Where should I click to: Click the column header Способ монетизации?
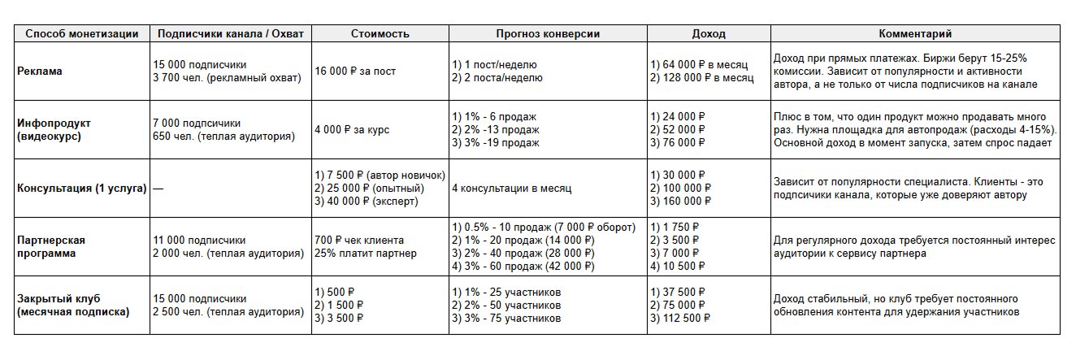pos(81,34)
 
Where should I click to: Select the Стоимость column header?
pos(380,34)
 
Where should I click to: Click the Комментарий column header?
pos(915,34)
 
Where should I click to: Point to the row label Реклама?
pos(40,72)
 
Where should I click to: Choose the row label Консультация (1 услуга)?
pos(81,189)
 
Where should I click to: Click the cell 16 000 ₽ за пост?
pos(356,72)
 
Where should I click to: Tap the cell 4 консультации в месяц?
pos(511,189)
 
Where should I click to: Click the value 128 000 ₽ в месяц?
pos(701,78)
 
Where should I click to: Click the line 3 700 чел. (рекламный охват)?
pos(227,78)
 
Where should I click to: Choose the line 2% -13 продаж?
pos(493,130)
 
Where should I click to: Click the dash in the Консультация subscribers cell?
pos(158,189)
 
